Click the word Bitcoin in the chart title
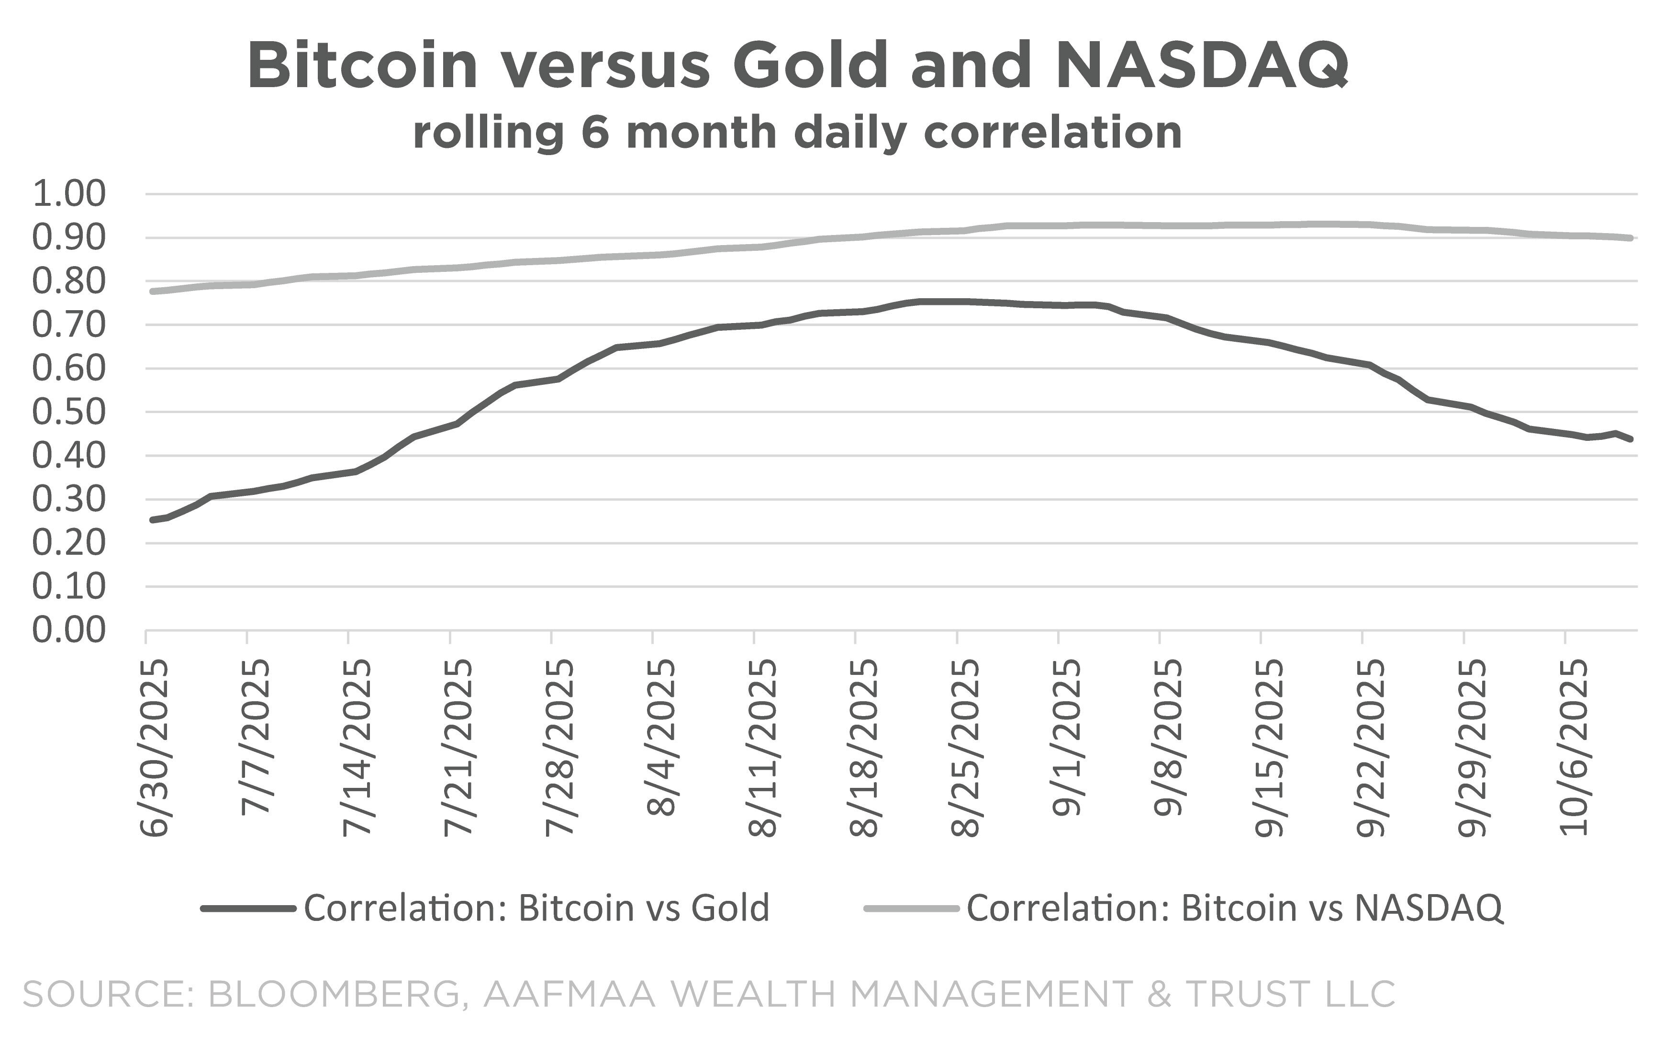click(362, 66)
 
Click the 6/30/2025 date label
click(155, 747)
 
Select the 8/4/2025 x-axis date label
click(661, 738)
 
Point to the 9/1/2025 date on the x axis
click(1066, 738)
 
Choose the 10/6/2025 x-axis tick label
click(1574, 747)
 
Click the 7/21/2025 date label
click(458, 747)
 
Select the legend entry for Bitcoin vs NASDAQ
click(1235, 908)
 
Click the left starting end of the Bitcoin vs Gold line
click(152, 520)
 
